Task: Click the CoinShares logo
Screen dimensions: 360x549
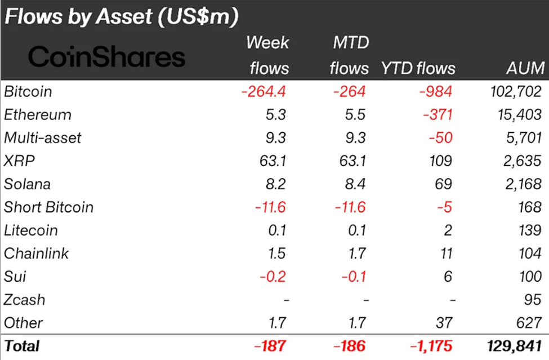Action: (x=106, y=57)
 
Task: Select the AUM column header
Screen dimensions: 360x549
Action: (x=525, y=69)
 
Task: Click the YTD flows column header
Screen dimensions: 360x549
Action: (x=418, y=69)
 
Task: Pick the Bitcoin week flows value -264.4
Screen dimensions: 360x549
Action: (x=264, y=91)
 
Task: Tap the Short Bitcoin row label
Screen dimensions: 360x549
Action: (x=48, y=207)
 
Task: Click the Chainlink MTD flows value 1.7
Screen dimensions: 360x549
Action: (x=358, y=254)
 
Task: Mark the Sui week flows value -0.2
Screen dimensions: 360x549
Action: (x=274, y=277)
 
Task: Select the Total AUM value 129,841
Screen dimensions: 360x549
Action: (x=515, y=345)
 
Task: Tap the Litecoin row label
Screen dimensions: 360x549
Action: (x=30, y=230)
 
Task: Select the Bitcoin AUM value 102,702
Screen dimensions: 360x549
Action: (x=516, y=91)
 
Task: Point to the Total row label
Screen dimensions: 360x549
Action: (x=21, y=345)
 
